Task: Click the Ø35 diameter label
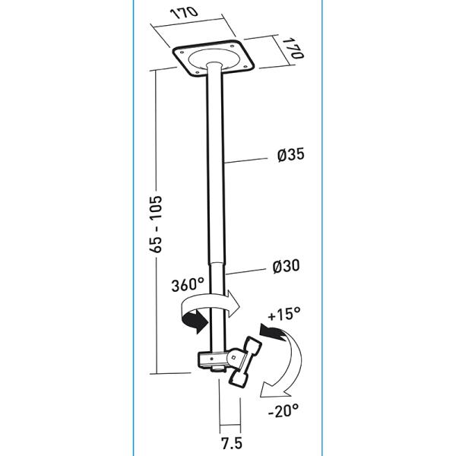coord(292,156)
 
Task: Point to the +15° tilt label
coord(284,313)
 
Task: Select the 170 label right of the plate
coord(294,47)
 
